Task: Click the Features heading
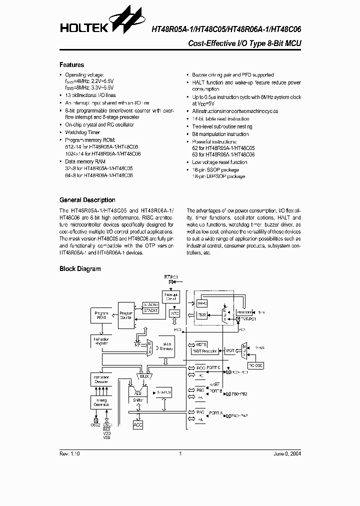pyautogui.click(x=71, y=65)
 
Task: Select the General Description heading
pyautogui.click(x=87, y=200)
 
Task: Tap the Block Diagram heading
pyautogui.click(x=80, y=269)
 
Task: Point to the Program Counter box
pyautogui.click(x=125, y=315)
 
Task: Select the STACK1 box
pyautogui.click(x=150, y=310)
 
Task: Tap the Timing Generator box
pyautogui.click(x=101, y=403)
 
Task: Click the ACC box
pyautogui.click(x=138, y=424)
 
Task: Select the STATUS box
pyautogui.click(x=163, y=393)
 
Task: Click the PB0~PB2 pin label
pyautogui.click(x=239, y=394)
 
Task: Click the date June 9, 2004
pyautogui.click(x=287, y=454)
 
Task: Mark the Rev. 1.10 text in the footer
pyautogui.click(x=69, y=454)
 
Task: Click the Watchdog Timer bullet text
pyautogui.click(x=83, y=132)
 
